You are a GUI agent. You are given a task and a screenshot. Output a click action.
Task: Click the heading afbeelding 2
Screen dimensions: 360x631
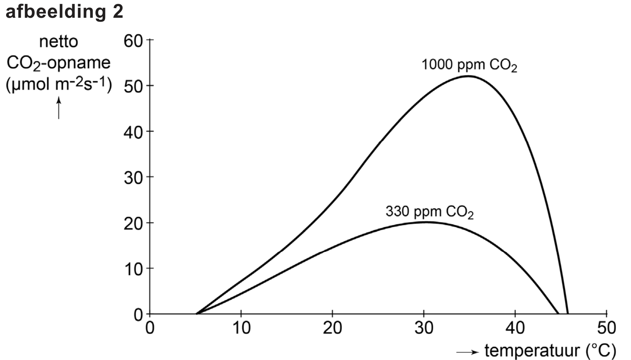pyautogui.click(x=64, y=12)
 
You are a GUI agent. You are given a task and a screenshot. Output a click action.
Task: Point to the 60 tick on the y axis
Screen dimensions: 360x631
pyautogui.click(x=133, y=40)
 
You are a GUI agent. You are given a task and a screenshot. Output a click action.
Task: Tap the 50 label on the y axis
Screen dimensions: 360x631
pyautogui.click(x=133, y=86)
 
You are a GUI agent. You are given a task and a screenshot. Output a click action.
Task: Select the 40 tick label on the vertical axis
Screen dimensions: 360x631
pyautogui.click(x=133, y=132)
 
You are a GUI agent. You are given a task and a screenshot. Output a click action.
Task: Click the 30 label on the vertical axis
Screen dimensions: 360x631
pyautogui.click(x=133, y=177)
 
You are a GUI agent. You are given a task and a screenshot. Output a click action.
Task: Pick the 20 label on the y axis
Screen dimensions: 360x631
pyautogui.click(x=133, y=223)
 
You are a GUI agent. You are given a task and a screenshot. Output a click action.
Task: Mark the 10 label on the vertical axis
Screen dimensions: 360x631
pyautogui.click(x=133, y=269)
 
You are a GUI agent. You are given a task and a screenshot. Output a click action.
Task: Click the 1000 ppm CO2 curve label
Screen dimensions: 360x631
pyautogui.click(x=469, y=65)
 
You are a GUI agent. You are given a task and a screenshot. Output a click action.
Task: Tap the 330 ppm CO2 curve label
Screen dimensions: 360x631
pyautogui.click(x=429, y=212)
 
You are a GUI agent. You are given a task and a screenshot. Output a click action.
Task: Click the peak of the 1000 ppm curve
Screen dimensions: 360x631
pyautogui.click(x=468, y=76)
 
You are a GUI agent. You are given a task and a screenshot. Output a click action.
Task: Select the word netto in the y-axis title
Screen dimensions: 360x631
pyautogui.click(x=59, y=41)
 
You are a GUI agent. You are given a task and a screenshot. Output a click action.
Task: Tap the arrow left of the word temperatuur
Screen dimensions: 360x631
pyautogui.click(x=468, y=352)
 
